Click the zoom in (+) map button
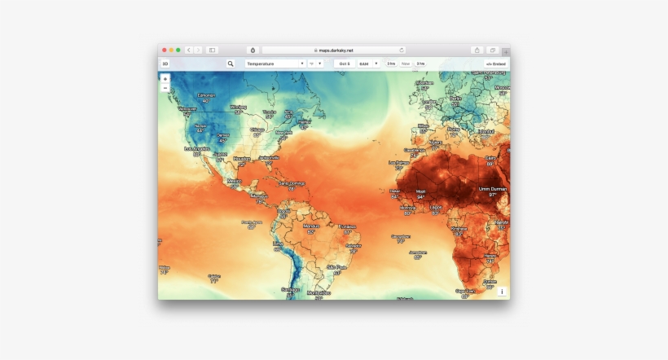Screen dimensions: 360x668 pos(165,79)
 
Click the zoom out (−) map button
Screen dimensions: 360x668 pos(165,87)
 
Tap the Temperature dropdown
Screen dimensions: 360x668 pos(275,63)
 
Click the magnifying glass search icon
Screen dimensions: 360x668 pos(231,63)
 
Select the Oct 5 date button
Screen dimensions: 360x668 pos(345,63)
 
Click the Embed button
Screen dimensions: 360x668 pos(496,63)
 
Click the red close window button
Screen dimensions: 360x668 pos(164,50)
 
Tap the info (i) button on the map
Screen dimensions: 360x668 pos(502,292)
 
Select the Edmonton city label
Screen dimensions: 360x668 pos(206,94)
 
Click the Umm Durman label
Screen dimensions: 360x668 pos(493,189)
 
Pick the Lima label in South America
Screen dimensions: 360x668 pos(278,244)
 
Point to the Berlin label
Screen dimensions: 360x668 pos(455,99)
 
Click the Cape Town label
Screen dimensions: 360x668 pos(466,291)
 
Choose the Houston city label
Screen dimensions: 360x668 pos(242,159)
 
